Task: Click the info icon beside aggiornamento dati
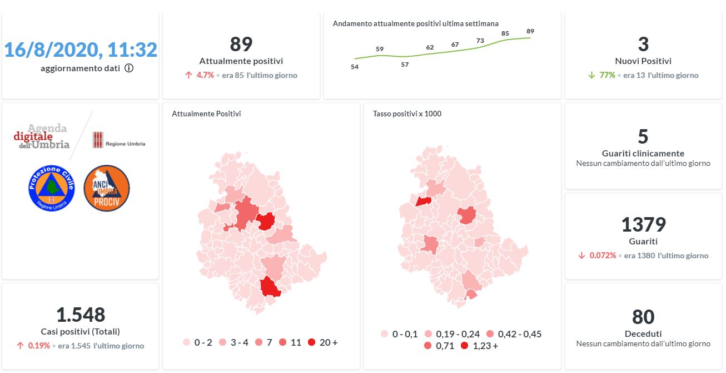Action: click(129, 68)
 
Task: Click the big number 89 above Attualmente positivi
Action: click(241, 44)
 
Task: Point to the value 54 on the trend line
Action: click(355, 67)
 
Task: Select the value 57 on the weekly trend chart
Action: click(405, 65)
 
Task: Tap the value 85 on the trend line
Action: click(505, 33)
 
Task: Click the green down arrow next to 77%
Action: click(593, 75)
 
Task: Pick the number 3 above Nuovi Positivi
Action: click(643, 44)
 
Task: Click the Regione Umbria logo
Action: click(118, 140)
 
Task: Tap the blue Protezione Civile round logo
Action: click(51, 188)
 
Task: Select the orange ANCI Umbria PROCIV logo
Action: click(106, 188)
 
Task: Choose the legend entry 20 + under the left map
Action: click(322, 342)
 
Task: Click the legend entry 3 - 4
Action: click(233, 342)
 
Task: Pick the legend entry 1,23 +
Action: click(478, 346)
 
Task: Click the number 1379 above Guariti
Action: click(643, 225)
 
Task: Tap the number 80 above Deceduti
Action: click(643, 317)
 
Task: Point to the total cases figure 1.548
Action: click(81, 315)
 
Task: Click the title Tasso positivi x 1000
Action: click(407, 114)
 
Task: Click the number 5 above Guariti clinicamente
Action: click(643, 136)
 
